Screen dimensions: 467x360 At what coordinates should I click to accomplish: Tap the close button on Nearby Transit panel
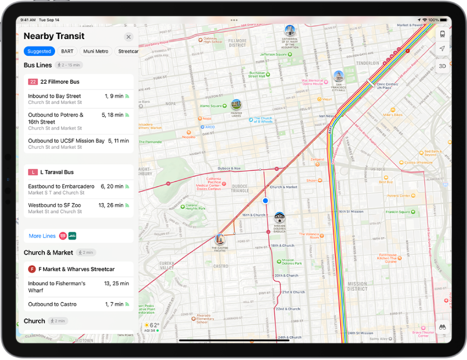[129, 37]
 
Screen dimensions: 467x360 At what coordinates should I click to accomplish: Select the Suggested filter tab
[39, 51]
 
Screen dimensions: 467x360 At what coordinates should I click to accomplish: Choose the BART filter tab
[67, 51]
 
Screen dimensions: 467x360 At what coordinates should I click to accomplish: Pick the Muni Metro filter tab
[96, 51]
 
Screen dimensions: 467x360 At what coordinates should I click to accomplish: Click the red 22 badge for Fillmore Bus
[33, 82]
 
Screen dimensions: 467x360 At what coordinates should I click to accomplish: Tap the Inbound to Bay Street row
[78, 99]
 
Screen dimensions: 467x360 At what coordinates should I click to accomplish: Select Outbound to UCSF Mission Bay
[78, 143]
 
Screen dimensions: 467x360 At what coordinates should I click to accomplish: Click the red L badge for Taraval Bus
[33, 172]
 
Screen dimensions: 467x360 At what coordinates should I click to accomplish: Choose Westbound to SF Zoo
[78, 208]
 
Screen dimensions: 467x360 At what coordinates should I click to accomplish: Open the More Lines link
[42, 236]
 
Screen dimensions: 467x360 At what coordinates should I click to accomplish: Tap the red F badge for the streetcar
[32, 269]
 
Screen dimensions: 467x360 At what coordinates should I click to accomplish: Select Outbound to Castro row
[78, 304]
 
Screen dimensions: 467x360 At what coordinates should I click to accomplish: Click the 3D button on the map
[442, 66]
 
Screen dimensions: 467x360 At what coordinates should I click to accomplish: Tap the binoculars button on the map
[443, 327]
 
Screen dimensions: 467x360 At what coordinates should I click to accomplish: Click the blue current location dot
[265, 200]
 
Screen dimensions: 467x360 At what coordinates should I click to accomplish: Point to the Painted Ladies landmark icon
[236, 104]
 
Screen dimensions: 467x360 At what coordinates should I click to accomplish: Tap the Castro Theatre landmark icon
[220, 239]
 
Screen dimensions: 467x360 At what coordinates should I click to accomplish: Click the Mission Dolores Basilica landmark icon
[279, 217]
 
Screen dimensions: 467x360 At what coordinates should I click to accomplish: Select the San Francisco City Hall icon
[338, 76]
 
